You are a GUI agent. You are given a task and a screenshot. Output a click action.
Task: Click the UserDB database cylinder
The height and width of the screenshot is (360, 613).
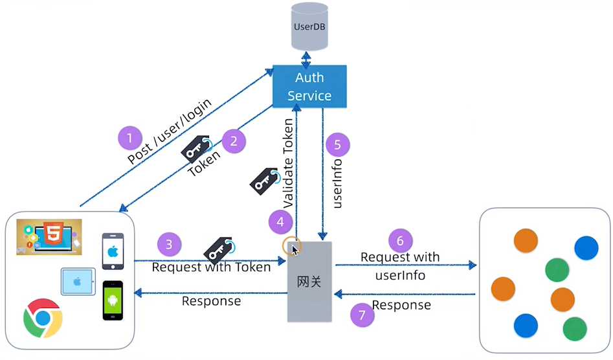tap(309, 27)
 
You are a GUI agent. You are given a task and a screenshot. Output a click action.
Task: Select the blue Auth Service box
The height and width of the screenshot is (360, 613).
tap(309, 86)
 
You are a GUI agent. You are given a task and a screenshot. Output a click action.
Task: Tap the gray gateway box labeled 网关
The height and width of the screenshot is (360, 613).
tap(309, 281)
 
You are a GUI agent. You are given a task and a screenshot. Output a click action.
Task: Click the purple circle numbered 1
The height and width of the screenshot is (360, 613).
tap(130, 138)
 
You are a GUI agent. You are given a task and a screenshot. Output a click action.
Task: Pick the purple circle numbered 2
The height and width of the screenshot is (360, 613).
tap(234, 140)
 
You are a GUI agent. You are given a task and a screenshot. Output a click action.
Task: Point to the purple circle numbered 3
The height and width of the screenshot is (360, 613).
tap(169, 244)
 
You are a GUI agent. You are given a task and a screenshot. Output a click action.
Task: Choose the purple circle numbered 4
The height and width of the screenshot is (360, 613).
tap(280, 222)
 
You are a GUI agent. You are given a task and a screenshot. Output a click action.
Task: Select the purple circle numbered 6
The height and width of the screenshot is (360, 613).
tap(400, 240)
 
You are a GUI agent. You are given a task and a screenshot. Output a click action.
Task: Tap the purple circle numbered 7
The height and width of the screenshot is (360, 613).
tap(362, 315)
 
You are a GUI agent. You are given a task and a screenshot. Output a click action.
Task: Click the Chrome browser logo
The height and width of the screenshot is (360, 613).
tap(43, 318)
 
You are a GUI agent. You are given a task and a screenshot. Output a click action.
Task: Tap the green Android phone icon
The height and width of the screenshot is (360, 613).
tap(113, 300)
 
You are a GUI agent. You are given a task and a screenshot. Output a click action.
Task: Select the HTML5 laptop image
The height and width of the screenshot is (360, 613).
tap(49, 236)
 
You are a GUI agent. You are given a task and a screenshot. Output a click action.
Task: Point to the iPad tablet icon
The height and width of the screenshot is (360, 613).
tap(78, 282)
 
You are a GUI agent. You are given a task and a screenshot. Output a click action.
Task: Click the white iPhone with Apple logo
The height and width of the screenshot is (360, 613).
tap(113, 251)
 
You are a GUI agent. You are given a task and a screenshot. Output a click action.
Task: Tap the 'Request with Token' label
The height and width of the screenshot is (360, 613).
tap(211, 267)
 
